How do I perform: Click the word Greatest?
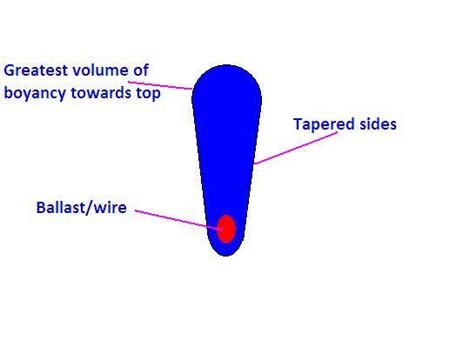(36, 70)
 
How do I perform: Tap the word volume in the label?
(100, 70)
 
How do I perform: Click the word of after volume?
(141, 70)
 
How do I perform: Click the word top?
(149, 94)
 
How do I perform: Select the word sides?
(378, 124)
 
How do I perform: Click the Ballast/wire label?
(82, 208)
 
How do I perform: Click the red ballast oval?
(226, 229)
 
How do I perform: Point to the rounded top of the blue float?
(227, 65)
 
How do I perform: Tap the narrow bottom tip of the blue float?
(226, 256)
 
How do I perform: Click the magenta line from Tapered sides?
(296, 148)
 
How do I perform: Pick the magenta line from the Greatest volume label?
(160, 85)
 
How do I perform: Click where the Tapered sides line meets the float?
(254, 163)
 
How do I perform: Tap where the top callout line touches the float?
(192, 89)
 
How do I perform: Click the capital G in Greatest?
(9, 70)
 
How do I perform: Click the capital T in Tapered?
(298, 124)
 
